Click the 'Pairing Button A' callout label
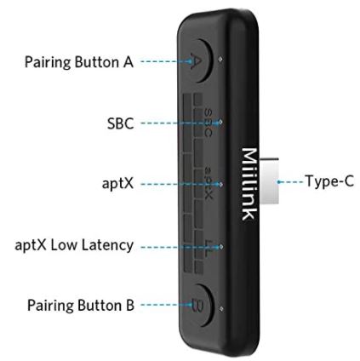point(79,62)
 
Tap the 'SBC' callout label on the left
point(120,123)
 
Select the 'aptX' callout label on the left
point(117,183)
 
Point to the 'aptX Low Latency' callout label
point(74,245)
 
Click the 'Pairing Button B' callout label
point(81,305)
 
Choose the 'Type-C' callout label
point(329,180)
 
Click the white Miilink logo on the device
point(249,184)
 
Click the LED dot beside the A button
point(220,60)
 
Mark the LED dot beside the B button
point(221,308)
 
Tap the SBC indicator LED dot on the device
point(220,122)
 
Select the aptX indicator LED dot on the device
point(220,184)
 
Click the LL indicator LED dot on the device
point(221,247)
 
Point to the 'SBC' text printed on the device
point(208,123)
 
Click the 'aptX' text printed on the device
point(209,183)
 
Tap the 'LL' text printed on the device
point(209,248)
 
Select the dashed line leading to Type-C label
point(290,181)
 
